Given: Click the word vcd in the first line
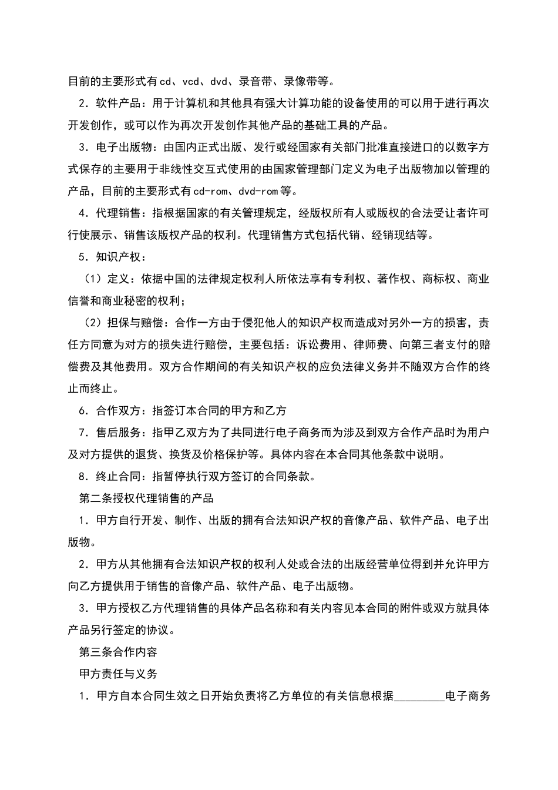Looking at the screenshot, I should coord(191,81).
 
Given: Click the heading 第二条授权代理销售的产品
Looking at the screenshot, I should coord(146,498).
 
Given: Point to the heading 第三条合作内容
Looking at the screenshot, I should coord(117,652).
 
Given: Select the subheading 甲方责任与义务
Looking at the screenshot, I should coord(117,674).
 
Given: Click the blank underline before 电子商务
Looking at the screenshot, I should coord(420,696).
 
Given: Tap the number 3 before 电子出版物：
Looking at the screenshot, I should coord(83,148).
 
